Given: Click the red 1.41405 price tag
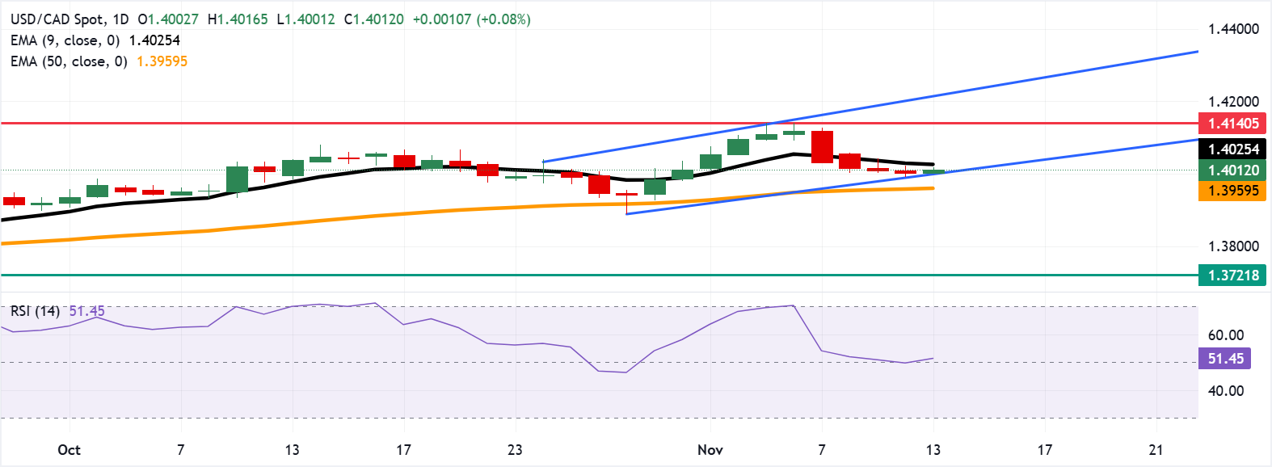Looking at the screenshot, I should [x=1232, y=124].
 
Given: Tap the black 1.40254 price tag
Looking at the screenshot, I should [x=1232, y=149].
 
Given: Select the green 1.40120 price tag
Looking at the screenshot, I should [x=1232, y=170].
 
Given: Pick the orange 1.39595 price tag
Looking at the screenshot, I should [x=1232, y=191].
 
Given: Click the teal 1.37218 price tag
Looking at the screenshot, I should [x=1232, y=276].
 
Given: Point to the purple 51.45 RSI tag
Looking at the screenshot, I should [x=1225, y=358].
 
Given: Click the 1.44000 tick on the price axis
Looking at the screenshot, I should [x=1233, y=29].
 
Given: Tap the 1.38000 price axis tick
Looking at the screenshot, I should [x=1233, y=246].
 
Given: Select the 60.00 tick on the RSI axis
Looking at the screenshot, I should [x=1226, y=334].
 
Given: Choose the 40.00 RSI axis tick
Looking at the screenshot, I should [x=1226, y=391].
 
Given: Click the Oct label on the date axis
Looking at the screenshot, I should [x=69, y=450].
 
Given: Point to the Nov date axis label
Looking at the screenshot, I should [x=710, y=450].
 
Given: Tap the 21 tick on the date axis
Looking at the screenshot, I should [x=1156, y=450].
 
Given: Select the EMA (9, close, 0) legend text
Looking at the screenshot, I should [x=65, y=40].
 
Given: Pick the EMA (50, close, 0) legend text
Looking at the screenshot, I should [x=69, y=61].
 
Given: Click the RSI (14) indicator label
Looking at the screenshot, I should [x=35, y=311].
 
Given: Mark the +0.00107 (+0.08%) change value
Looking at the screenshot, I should [x=471, y=19].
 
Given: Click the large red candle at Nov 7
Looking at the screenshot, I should [x=822, y=146].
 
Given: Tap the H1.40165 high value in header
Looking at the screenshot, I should [x=238, y=19].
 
